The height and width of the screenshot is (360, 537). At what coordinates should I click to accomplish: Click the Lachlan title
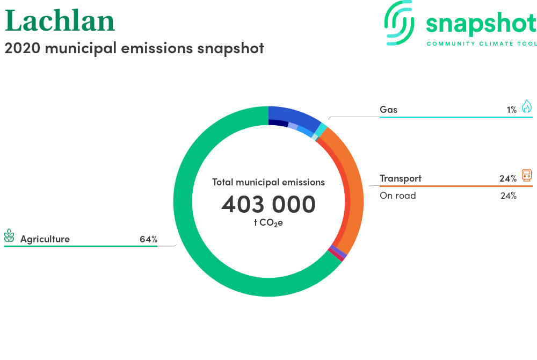60,21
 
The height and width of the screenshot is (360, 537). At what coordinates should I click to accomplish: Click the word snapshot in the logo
481,24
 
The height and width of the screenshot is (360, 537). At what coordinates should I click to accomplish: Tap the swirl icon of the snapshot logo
399,23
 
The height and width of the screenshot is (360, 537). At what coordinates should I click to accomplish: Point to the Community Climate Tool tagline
482,44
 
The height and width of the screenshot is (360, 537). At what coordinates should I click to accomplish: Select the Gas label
388,110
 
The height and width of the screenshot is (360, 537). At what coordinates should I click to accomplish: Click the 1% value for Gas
512,110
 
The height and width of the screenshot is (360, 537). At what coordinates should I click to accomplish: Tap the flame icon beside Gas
527,106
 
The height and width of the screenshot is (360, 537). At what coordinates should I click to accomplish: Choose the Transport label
401,178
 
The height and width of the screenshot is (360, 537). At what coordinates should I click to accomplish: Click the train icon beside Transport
527,175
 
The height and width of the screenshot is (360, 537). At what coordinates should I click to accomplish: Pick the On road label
397,196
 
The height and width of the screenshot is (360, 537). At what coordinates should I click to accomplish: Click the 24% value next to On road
508,196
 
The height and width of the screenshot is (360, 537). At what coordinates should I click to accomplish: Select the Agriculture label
45,239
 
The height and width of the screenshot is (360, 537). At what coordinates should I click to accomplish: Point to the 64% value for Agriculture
148,239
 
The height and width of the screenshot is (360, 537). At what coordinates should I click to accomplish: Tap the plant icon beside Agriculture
9,236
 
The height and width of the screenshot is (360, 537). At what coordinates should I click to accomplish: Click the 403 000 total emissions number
268,204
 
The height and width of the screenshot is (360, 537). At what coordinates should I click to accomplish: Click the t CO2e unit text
268,223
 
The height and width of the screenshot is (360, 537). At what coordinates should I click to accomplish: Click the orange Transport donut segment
354,192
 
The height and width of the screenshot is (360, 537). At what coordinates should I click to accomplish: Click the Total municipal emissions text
268,182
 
